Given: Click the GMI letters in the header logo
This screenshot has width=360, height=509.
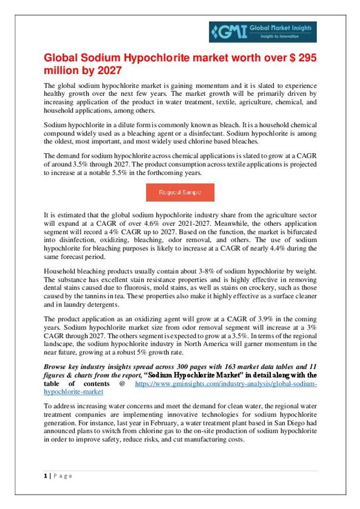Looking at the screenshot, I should click(x=226, y=31).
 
